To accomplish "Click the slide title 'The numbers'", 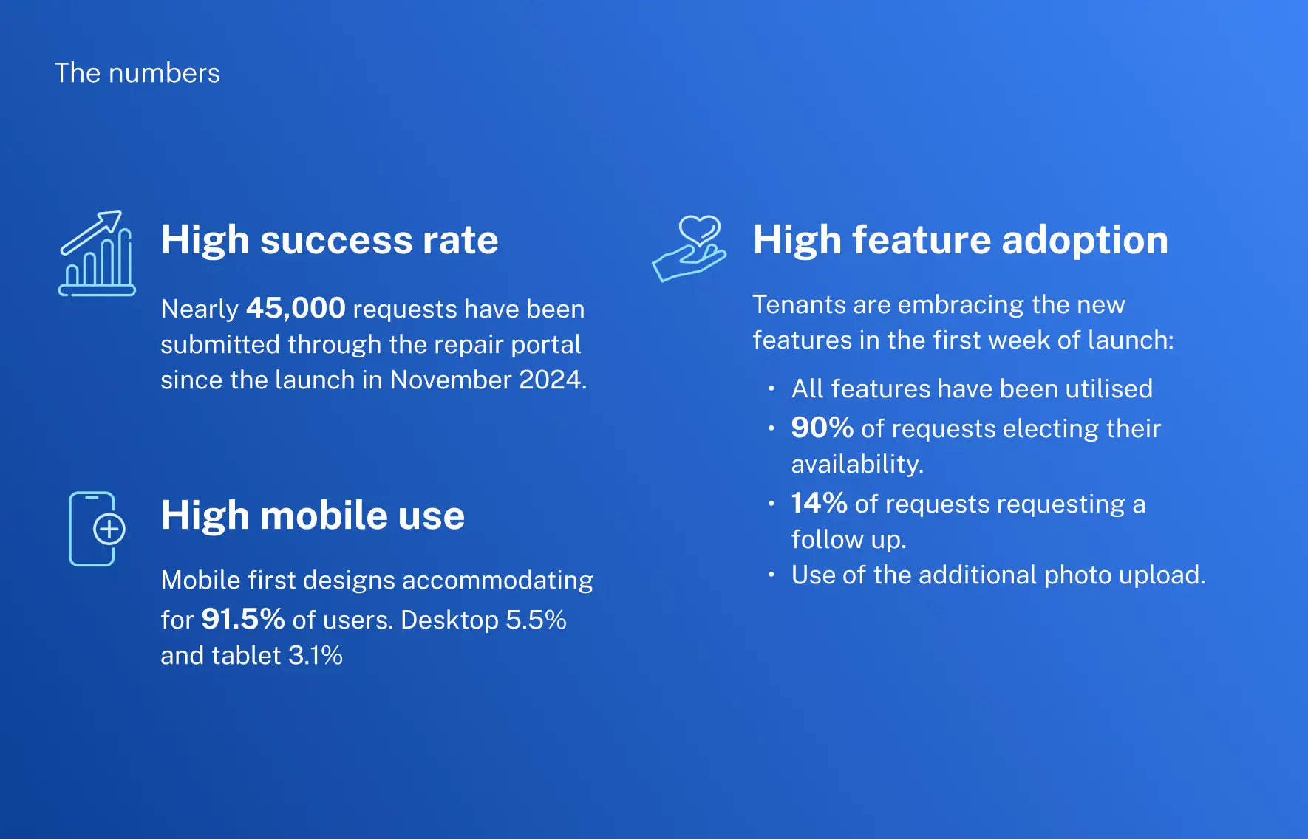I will point(137,73).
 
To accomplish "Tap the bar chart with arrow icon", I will point(97,253).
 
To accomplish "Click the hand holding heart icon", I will point(689,248).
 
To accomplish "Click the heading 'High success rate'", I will point(330,240).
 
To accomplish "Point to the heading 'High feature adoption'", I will point(960,240).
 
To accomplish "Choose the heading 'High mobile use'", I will point(313,515).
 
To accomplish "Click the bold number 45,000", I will point(296,308).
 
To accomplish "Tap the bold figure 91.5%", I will point(242,619).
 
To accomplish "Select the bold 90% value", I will point(822,428).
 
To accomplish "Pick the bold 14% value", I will point(819,503).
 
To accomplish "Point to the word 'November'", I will point(450,380).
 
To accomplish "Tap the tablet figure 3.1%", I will point(315,655).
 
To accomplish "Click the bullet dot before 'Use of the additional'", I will point(771,575).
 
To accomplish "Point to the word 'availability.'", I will point(857,464).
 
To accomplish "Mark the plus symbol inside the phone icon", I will point(109,529).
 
